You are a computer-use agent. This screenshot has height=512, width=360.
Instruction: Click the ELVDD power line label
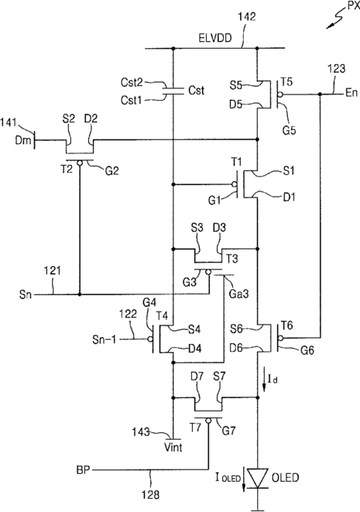click(215, 38)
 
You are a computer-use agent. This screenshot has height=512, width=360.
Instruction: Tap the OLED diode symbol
click(258, 479)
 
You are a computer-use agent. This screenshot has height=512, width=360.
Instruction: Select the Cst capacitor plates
click(173, 91)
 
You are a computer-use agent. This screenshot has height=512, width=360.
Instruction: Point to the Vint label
click(173, 447)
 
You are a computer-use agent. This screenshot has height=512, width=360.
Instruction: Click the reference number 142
click(246, 16)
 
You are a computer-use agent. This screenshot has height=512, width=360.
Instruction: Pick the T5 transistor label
click(286, 81)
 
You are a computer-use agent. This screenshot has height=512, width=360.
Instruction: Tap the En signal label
click(351, 93)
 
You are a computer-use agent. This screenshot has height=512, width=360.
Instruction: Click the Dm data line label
click(23, 140)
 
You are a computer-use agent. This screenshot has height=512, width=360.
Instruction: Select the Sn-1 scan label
click(104, 339)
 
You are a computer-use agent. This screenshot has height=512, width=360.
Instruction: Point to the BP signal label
click(83, 470)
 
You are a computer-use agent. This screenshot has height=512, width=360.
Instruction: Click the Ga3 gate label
click(238, 294)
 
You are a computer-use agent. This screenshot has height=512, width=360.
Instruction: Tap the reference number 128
click(151, 495)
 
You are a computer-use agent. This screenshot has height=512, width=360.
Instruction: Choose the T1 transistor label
click(237, 161)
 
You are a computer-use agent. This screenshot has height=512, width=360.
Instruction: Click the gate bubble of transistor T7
click(208, 421)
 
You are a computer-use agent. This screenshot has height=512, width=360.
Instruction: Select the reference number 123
click(336, 69)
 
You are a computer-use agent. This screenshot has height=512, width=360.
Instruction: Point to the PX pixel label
click(353, 6)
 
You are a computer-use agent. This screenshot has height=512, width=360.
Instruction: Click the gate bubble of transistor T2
click(80, 163)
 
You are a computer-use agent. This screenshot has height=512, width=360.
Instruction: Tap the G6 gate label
click(307, 350)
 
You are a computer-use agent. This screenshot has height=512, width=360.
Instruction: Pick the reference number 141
click(9, 123)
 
